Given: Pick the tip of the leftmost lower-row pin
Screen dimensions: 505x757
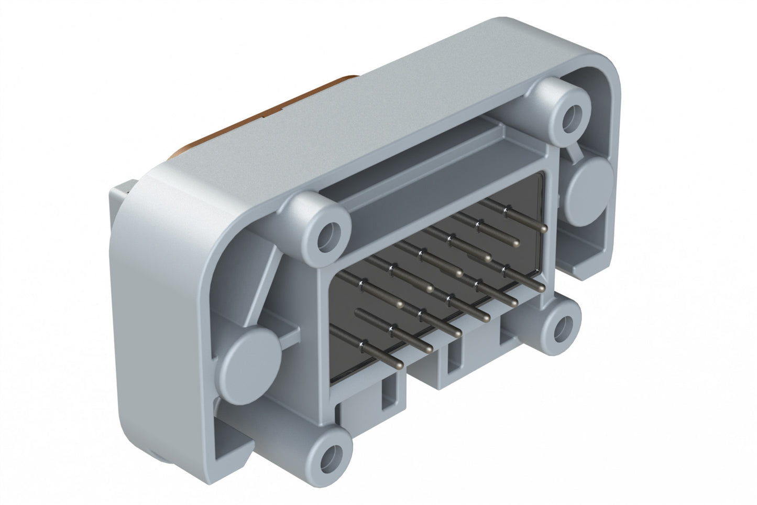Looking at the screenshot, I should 399,364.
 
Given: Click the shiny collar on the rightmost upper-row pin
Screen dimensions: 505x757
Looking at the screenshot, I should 505,211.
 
